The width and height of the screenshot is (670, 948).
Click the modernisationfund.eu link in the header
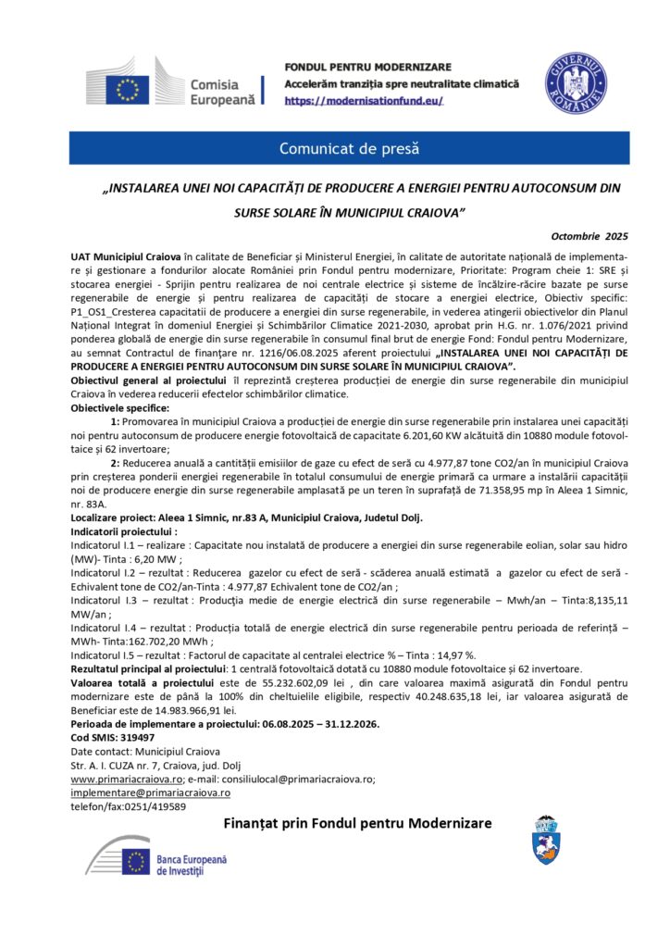click(x=364, y=99)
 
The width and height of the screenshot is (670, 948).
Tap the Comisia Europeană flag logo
click(x=129, y=89)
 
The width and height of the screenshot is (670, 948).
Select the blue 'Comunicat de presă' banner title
click(x=350, y=148)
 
